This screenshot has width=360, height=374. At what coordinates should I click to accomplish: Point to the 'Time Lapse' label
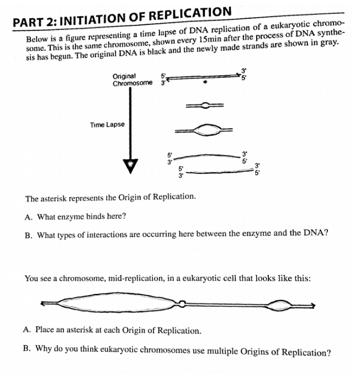point(107,124)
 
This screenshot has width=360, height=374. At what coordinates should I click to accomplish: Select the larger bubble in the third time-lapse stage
point(205,130)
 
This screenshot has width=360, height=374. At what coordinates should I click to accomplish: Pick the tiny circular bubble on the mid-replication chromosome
point(182,303)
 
